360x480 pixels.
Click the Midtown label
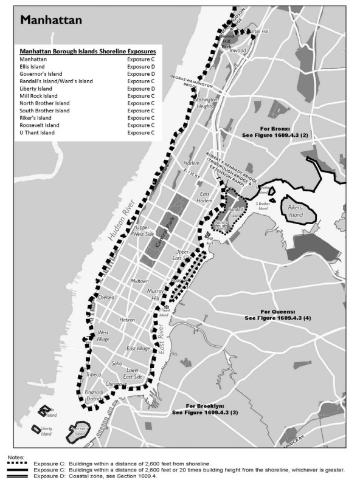click(140, 281)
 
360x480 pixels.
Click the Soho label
click(116, 363)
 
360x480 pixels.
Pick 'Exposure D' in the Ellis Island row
click(140, 67)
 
